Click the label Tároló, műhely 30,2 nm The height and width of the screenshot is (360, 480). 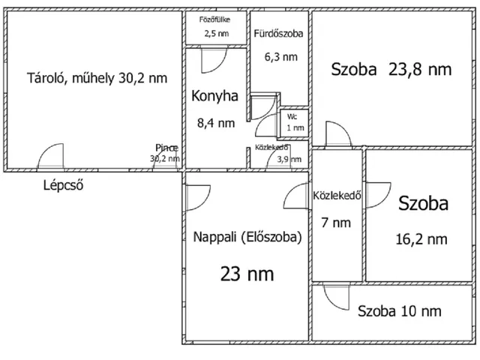pos(97,77)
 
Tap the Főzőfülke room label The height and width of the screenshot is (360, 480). pos(214,20)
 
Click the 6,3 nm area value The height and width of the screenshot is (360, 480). pos(280,56)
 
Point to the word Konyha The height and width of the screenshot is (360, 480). pos(214,97)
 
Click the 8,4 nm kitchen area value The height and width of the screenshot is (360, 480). pos(215,123)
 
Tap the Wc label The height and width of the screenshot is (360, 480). pos(295,117)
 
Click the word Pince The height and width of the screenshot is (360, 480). pos(166,147)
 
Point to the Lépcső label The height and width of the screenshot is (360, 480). pos(62,185)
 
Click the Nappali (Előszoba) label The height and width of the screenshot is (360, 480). pos(247,236)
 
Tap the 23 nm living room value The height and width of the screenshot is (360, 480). pos(247,274)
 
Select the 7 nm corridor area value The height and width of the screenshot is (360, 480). pos(336,223)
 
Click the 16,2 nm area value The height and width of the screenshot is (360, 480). pos(421,239)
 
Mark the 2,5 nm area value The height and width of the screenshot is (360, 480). pos(216,34)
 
